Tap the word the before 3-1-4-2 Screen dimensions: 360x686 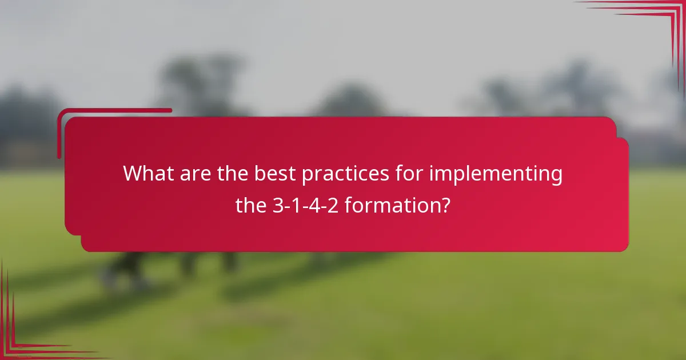(x=252, y=206)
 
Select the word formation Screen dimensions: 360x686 (x=392, y=206)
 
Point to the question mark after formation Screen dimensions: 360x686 (x=444, y=206)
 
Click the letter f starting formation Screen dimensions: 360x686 (x=348, y=206)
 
